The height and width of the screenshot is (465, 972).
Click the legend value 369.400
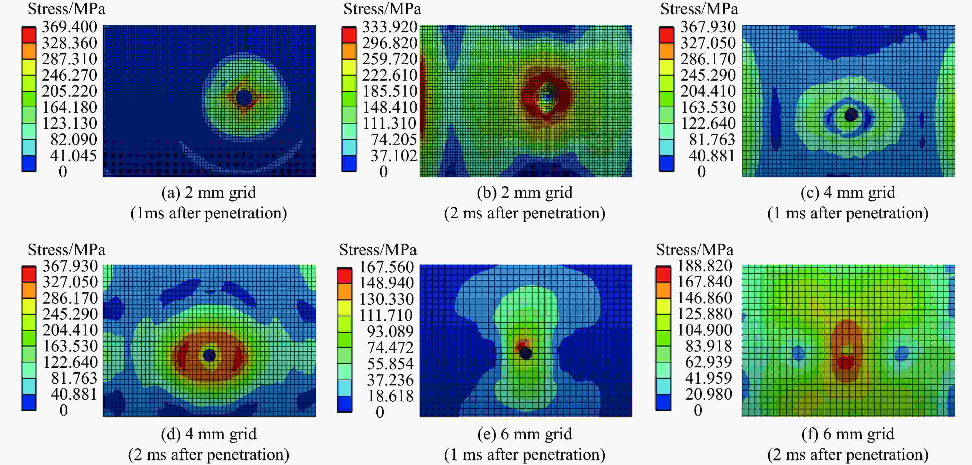tap(69, 27)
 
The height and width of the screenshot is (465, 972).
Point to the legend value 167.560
tap(386, 267)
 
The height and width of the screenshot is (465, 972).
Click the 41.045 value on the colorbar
tap(73, 156)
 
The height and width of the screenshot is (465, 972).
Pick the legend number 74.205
tap(393, 139)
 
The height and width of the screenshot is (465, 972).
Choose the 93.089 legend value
tap(390, 331)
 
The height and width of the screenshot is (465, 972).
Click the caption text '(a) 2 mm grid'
tap(209, 193)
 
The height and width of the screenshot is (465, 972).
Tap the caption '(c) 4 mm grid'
tap(848, 193)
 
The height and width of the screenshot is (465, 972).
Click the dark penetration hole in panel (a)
tap(244, 98)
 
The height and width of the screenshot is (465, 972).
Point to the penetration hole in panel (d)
tap(209, 355)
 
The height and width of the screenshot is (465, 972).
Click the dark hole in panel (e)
tap(526, 353)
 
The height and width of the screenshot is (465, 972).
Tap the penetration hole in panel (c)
tap(851, 115)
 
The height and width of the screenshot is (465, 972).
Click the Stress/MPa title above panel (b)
tap(382, 9)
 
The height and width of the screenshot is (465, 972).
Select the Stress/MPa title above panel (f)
tap(694, 250)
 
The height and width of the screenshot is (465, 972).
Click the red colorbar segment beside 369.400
tap(29, 35)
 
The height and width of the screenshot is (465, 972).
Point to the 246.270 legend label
tap(69, 75)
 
